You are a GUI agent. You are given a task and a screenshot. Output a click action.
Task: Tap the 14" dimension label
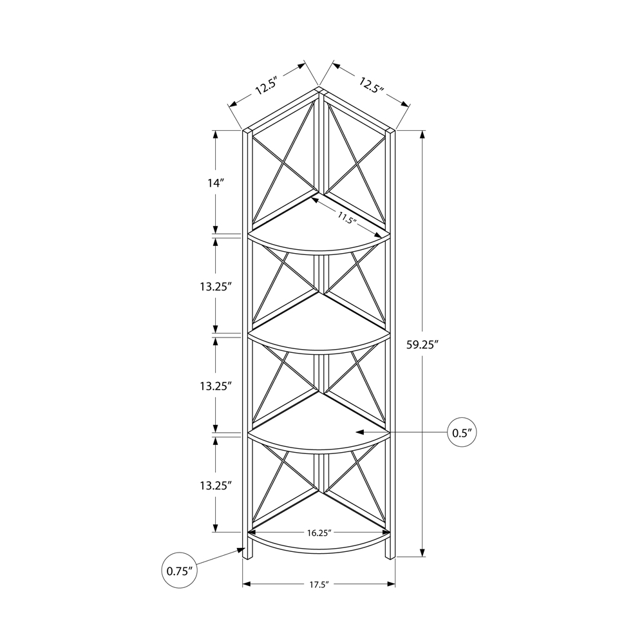(x=216, y=183)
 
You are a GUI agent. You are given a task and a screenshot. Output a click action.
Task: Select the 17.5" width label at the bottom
(x=319, y=585)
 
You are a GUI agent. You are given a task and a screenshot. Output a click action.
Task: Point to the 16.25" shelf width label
(x=319, y=533)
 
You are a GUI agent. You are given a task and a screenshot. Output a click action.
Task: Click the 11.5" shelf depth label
(x=346, y=217)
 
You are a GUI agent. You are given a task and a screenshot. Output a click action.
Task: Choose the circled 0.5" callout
(x=462, y=432)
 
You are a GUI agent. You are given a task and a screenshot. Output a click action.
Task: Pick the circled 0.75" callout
(x=180, y=571)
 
